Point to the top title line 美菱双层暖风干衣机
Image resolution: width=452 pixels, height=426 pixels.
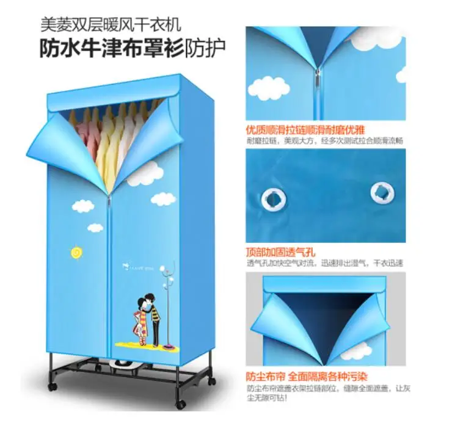tap(111, 25)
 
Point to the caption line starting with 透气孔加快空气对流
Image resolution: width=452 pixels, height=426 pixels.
tap(324, 263)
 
